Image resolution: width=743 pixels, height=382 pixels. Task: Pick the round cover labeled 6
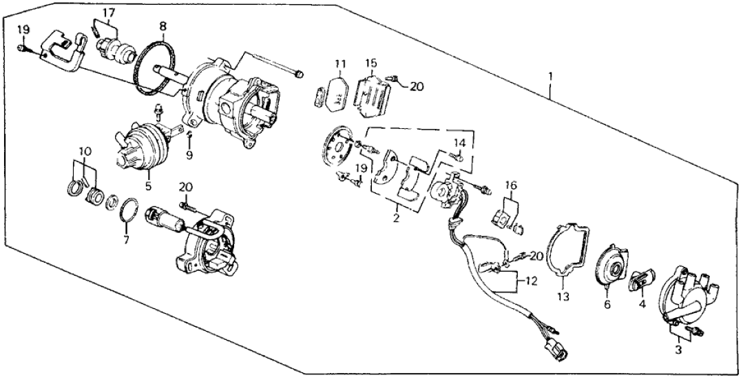[608, 264]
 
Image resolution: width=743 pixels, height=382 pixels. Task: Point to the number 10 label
[83, 151]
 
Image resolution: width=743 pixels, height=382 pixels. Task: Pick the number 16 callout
[510, 186]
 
